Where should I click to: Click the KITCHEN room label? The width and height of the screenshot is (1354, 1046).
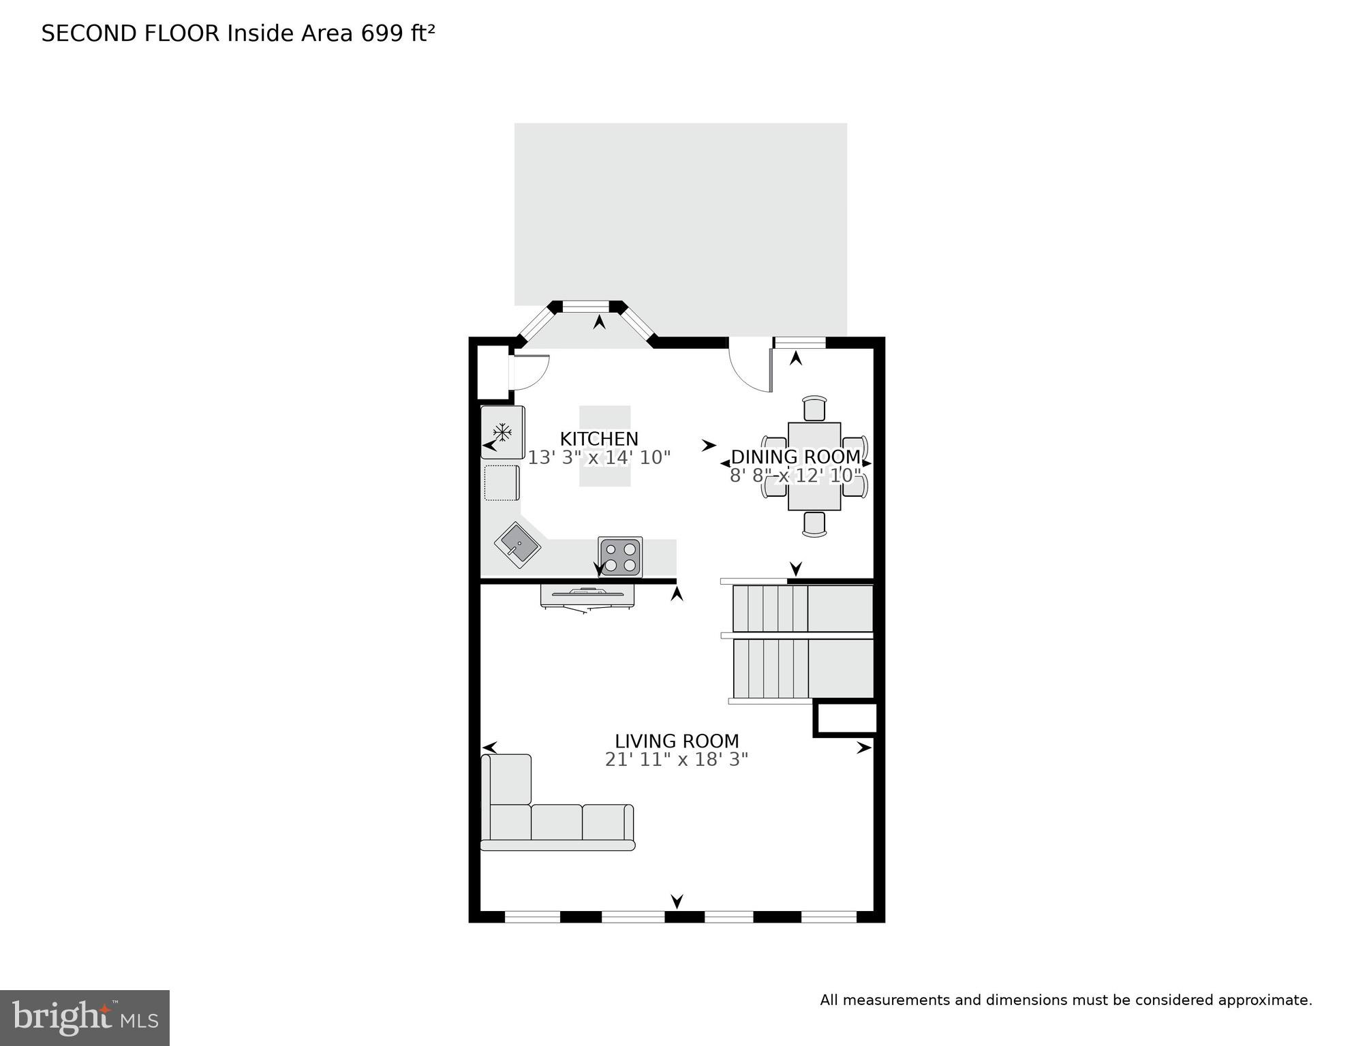coord(599,439)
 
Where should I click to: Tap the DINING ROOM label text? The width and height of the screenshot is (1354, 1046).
coord(795,457)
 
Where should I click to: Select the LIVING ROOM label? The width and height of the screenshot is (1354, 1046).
coord(677,741)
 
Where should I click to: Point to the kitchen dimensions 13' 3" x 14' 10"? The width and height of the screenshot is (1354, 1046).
coord(599,458)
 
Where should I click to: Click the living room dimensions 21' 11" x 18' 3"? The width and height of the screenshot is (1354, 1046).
coord(677,759)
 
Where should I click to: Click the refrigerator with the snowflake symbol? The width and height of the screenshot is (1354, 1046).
coord(503,432)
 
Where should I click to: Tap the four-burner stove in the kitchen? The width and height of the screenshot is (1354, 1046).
coord(620,557)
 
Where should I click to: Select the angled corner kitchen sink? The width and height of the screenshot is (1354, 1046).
coord(517,544)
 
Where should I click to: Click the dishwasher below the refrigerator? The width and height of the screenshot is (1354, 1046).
coord(502,482)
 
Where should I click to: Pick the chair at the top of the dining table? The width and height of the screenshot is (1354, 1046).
coord(814,409)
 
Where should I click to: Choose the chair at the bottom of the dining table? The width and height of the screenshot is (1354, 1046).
coord(814,523)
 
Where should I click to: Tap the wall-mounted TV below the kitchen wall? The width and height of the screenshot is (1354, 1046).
coord(587,595)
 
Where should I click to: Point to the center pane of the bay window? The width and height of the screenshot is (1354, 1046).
coord(585,307)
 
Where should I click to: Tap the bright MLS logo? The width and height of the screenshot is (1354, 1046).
coord(84,1018)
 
